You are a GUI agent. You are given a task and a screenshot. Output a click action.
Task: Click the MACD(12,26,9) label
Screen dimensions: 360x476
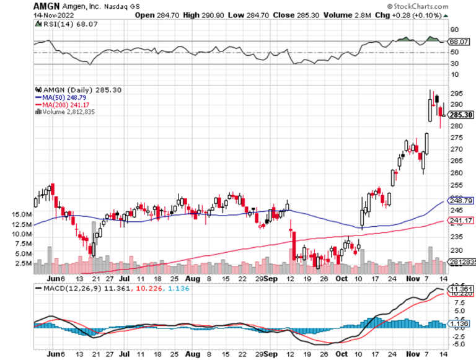coord(69,288)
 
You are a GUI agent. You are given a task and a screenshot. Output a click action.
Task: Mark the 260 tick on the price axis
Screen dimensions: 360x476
coord(453,173)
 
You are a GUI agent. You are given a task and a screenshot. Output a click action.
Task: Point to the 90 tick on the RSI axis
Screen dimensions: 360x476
coord(453,29)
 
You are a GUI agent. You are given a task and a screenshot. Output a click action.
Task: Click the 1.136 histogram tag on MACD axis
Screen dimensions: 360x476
coord(461,323)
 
